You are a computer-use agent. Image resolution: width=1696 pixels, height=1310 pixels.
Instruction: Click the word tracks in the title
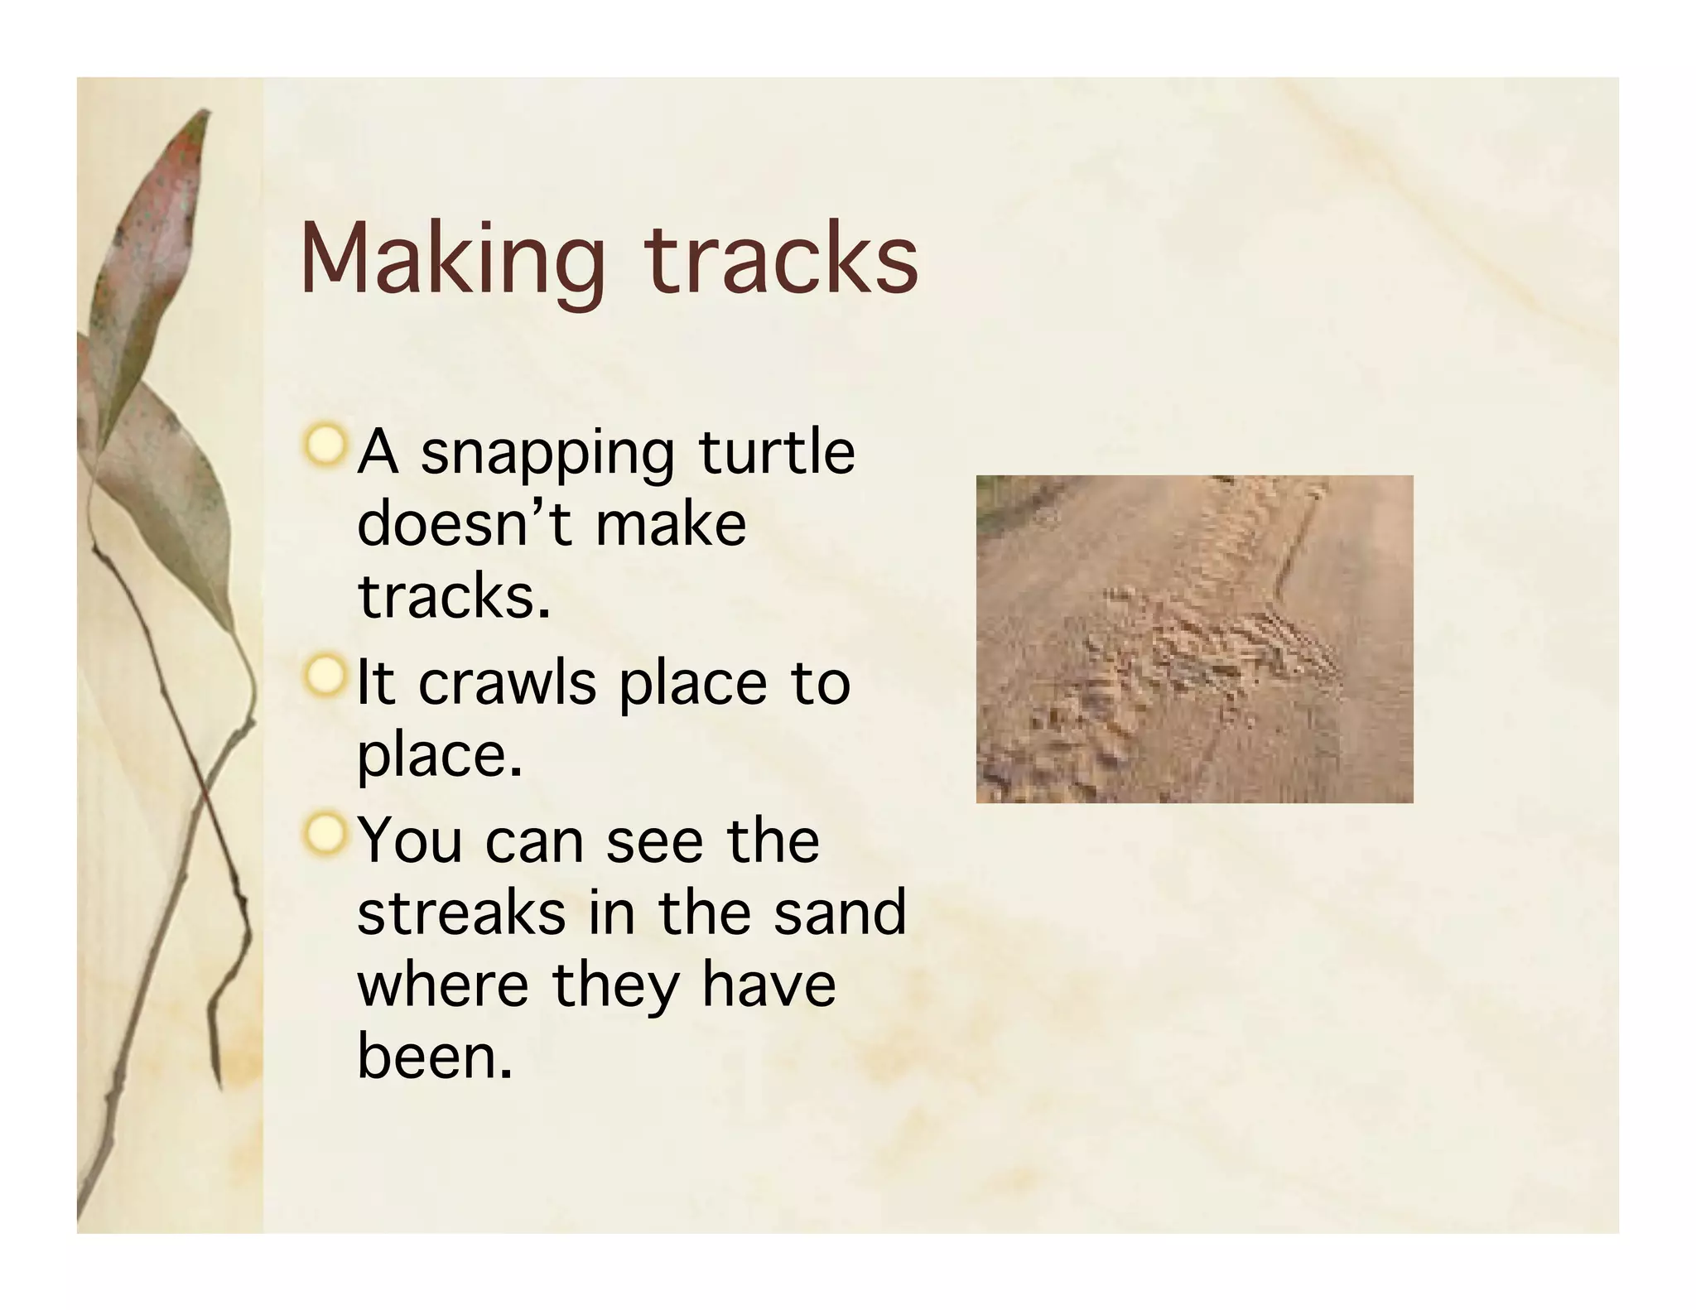coord(781,258)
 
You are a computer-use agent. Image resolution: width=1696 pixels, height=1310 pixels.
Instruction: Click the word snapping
coord(547,455)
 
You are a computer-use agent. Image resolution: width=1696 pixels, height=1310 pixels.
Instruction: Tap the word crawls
coord(507,684)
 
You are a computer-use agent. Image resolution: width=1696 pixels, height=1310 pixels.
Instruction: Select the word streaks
coord(461,913)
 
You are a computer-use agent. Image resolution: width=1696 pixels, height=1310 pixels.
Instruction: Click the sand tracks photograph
coord(1194,638)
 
